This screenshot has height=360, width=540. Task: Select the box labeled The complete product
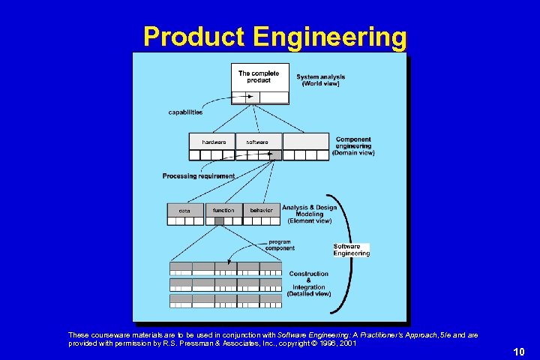click(x=259, y=76)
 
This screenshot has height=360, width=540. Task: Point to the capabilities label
click(x=185, y=112)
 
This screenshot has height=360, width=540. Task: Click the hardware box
click(x=213, y=142)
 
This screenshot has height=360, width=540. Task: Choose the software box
click(x=257, y=142)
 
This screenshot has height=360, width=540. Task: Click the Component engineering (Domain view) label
click(x=354, y=146)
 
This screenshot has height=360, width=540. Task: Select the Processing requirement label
click(x=198, y=176)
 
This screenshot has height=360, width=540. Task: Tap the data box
click(x=184, y=211)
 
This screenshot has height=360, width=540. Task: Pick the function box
click(x=223, y=211)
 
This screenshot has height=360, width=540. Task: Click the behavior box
click(x=261, y=211)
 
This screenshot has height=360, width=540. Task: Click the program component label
click(x=280, y=245)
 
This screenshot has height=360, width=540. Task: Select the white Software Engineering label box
click(x=351, y=250)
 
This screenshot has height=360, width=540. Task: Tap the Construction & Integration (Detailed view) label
click(x=309, y=283)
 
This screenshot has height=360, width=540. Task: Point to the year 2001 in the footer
click(x=347, y=343)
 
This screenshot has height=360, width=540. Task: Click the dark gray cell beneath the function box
click(x=219, y=220)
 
